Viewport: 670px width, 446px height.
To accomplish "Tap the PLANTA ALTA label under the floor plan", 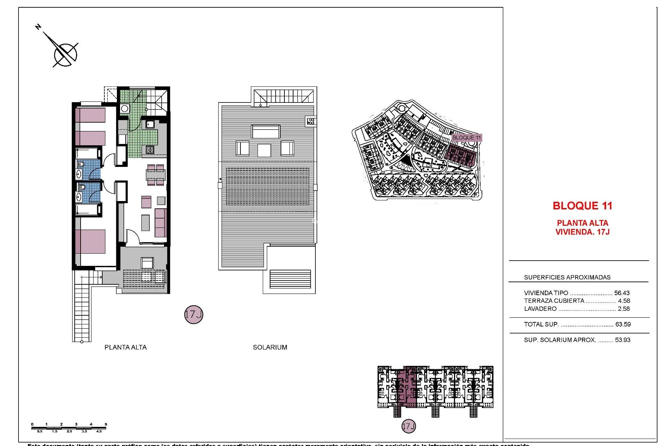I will [x=126, y=347].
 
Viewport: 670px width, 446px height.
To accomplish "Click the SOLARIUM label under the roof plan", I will [x=270, y=347].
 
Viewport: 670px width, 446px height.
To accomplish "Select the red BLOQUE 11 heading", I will [x=582, y=206].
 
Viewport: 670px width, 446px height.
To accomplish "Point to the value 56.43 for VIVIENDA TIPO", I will [x=622, y=293].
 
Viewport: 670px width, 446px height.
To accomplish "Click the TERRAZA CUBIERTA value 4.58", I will [x=624, y=301].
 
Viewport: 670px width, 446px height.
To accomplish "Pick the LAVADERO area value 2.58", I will [x=624, y=309].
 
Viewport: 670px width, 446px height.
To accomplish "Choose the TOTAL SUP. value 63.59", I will [x=623, y=324].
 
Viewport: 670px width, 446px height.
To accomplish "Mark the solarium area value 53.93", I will [x=623, y=340].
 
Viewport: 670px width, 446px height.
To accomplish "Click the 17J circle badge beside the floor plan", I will [x=193, y=314].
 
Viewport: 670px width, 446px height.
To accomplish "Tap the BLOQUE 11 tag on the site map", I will [x=466, y=138].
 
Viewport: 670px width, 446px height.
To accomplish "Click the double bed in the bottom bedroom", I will [x=91, y=241].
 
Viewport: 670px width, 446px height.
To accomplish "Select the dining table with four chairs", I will [x=156, y=175].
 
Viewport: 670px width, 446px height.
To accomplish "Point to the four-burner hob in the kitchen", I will [x=150, y=150].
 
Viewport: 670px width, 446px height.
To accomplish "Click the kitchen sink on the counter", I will [x=150, y=124].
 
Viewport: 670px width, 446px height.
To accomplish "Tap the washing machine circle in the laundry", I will [x=125, y=108].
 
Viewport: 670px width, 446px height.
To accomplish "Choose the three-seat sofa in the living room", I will [x=161, y=223].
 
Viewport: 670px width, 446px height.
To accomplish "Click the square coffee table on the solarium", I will [x=264, y=151].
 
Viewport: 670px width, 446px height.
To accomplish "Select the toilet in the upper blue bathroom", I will [x=81, y=164].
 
